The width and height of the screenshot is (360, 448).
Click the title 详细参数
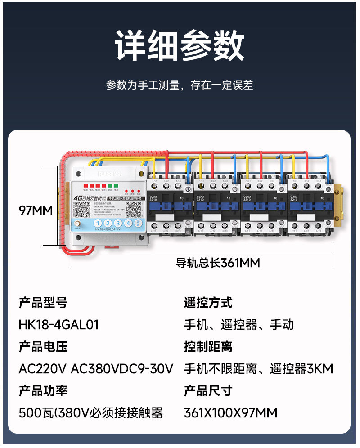(180, 46)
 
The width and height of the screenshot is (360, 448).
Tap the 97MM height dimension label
(36, 210)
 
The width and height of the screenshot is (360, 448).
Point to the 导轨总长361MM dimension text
(218, 263)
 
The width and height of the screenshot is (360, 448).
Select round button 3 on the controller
(118, 223)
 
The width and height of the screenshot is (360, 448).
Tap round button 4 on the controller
(128, 223)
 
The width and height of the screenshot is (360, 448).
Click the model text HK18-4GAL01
(58, 324)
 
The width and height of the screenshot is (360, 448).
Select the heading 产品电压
(43, 347)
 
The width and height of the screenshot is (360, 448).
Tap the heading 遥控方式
(208, 303)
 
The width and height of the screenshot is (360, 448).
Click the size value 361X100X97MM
(230, 412)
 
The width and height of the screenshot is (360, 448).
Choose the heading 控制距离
(208, 347)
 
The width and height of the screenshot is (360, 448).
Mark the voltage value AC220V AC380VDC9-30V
(96, 369)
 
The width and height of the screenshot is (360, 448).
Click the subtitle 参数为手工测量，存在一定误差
(180, 85)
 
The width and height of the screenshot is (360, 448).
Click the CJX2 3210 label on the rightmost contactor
(294, 198)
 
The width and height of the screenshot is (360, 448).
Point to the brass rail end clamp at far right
(339, 198)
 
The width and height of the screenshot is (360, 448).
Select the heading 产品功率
(43, 390)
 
